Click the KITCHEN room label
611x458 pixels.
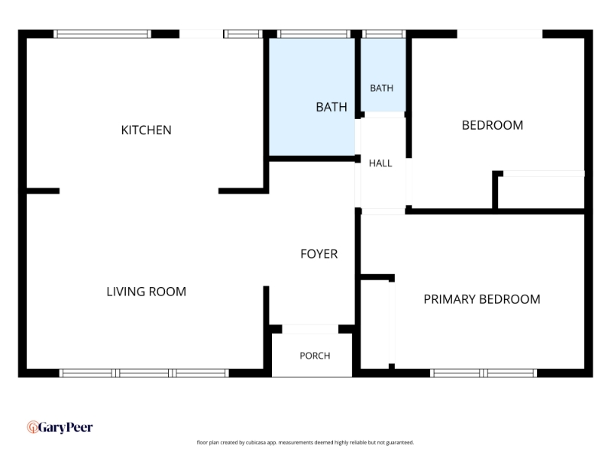click(x=146, y=130)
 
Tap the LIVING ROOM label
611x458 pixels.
click(x=146, y=292)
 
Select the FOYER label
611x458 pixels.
click(x=318, y=254)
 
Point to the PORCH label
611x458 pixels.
click(x=315, y=356)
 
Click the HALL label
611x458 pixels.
click(x=380, y=163)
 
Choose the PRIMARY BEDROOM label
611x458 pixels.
click(x=482, y=299)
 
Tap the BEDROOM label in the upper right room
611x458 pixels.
click(x=492, y=125)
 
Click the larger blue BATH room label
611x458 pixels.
click(x=331, y=107)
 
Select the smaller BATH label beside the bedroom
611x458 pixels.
click(x=381, y=89)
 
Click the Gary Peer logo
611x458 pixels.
click(x=60, y=427)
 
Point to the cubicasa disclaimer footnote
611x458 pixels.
click(x=305, y=443)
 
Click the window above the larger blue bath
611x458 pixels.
click(x=314, y=34)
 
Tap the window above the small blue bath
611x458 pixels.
click(x=384, y=34)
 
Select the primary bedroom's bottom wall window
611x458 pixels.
click(x=483, y=373)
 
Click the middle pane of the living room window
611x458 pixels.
click(x=144, y=373)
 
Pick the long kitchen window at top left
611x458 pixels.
click(x=102, y=34)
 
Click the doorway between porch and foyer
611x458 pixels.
click(x=310, y=329)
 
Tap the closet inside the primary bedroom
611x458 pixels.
click(x=375, y=324)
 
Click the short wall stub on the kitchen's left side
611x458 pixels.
click(x=43, y=191)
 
